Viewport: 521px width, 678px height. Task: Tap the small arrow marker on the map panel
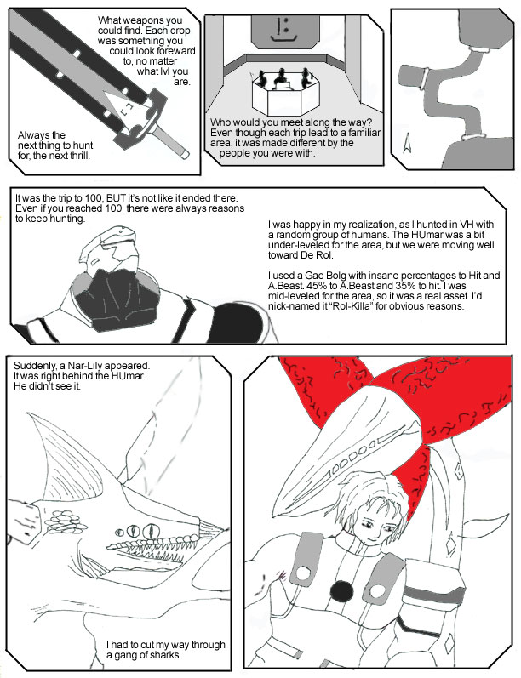(407, 143)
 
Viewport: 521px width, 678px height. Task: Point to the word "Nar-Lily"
(86, 366)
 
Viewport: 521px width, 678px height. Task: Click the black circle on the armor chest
(341, 590)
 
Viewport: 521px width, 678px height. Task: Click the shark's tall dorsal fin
(69, 454)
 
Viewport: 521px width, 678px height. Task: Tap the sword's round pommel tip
(185, 153)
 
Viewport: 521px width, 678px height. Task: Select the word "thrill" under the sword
(80, 156)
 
